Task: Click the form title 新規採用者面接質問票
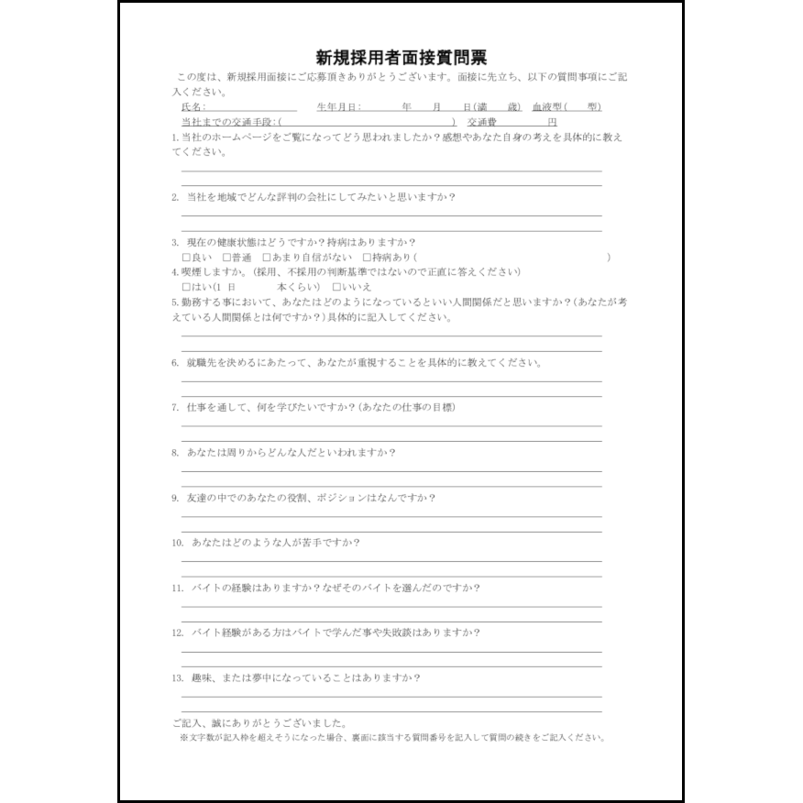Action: coord(401,58)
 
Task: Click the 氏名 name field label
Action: coord(194,107)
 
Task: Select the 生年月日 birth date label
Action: coord(339,107)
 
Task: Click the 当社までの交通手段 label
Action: coord(229,122)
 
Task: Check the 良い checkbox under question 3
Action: coord(186,258)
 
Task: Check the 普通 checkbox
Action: coord(225,258)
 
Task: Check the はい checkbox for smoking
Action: coord(186,288)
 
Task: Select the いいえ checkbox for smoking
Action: coord(336,288)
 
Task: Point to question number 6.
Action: coord(174,363)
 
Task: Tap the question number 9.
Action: coord(174,499)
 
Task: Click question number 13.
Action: coord(177,678)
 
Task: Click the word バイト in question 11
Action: coord(203,588)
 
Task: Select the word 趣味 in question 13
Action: coord(201,678)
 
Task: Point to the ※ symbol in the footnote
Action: coord(183,737)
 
